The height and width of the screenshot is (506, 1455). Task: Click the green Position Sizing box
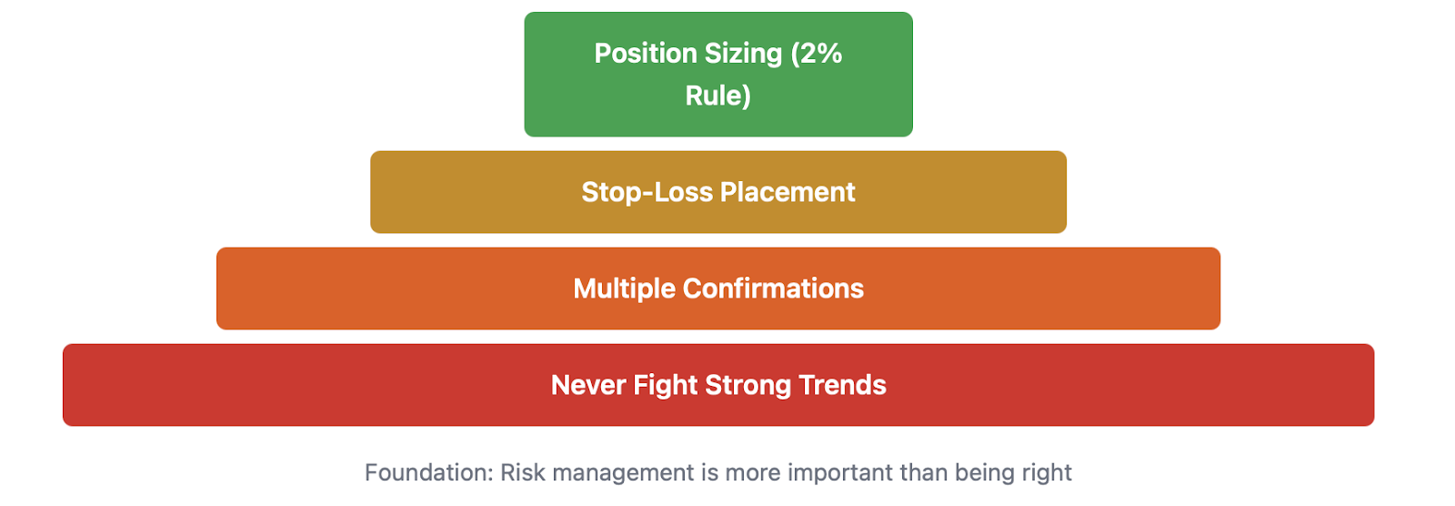[718, 74]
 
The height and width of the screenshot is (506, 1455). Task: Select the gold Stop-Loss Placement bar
[718, 192]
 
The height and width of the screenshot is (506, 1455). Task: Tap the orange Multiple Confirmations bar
[718, 288]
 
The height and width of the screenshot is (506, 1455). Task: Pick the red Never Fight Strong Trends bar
[718, 385]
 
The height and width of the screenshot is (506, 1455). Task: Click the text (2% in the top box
[817, 54]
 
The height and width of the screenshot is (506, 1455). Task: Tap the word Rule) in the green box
[718, 96]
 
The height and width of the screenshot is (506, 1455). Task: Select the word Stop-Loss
[647, 193]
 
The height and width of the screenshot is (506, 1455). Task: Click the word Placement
[788, 192]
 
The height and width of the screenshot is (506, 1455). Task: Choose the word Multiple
[624, 288]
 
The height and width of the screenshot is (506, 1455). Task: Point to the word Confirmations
[773, 288]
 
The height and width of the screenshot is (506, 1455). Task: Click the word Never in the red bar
[588, 385]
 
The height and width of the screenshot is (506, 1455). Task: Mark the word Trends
[842, 385]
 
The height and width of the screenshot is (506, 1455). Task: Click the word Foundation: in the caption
[429, 472]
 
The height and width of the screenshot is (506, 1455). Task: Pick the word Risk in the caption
[523, 472]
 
